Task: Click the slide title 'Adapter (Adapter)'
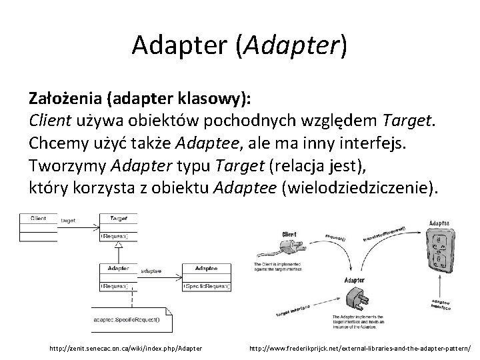pyautogui.click(x=239, y=45)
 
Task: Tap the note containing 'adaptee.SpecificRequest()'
pyautogui.click(x=131, y=319)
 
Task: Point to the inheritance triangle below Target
pyautogui.click(x=118, y=246)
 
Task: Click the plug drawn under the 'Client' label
pyautogui.click(x=281, y=251)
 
